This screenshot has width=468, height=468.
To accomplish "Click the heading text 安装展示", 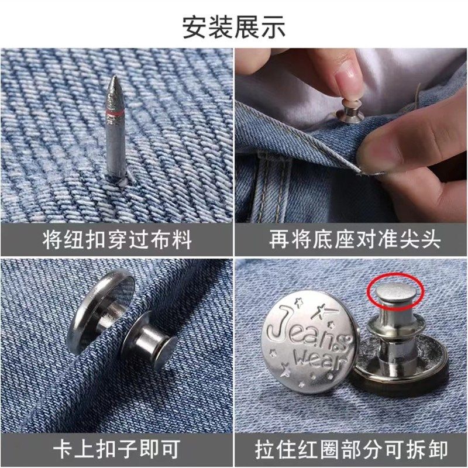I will (x=234, y=26).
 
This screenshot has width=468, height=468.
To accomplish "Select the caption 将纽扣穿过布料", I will (x=116, y=240).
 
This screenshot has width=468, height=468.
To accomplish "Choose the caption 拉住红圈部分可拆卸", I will (x=351, y=449).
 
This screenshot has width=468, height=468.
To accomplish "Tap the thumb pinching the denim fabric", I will (x=404, y=140).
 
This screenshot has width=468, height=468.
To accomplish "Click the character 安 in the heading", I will (x=195, y=26).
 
